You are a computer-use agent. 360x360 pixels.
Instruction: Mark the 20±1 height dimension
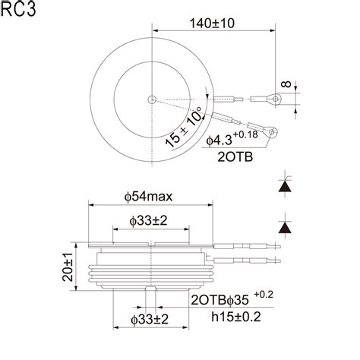click(66, 268)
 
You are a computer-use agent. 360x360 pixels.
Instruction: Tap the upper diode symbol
click(285, 185)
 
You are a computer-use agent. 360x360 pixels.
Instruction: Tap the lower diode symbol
click(285, 226)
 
